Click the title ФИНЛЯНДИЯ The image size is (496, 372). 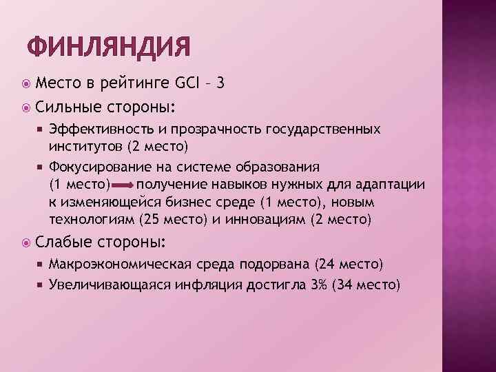click(x=108, y=46)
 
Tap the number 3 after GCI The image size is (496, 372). click(x=219, y=83)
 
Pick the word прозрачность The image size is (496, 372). click(x=203, y=130)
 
